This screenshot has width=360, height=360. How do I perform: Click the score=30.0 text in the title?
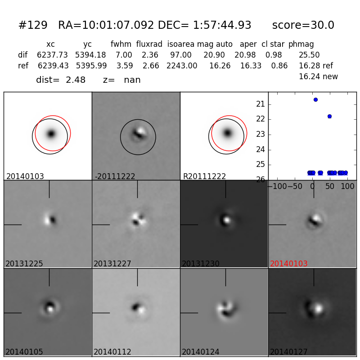[x=303, y=26]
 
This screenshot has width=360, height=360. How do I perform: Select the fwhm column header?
[x=121, y=45]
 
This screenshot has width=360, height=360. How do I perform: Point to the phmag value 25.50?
[x=309, y=55]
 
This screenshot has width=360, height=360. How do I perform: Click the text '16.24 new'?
[x=318, y=77]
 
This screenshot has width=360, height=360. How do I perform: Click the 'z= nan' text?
[x=122, y=80]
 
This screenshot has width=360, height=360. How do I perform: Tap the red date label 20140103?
[x=289, y=264]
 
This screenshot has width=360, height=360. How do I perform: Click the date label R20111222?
[x=204, y=176]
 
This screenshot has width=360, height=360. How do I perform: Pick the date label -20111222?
[x=115, y=176]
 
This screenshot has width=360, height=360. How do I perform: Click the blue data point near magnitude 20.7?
[x=315, y=99]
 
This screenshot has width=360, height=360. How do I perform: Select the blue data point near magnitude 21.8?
[x=329, y=116]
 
